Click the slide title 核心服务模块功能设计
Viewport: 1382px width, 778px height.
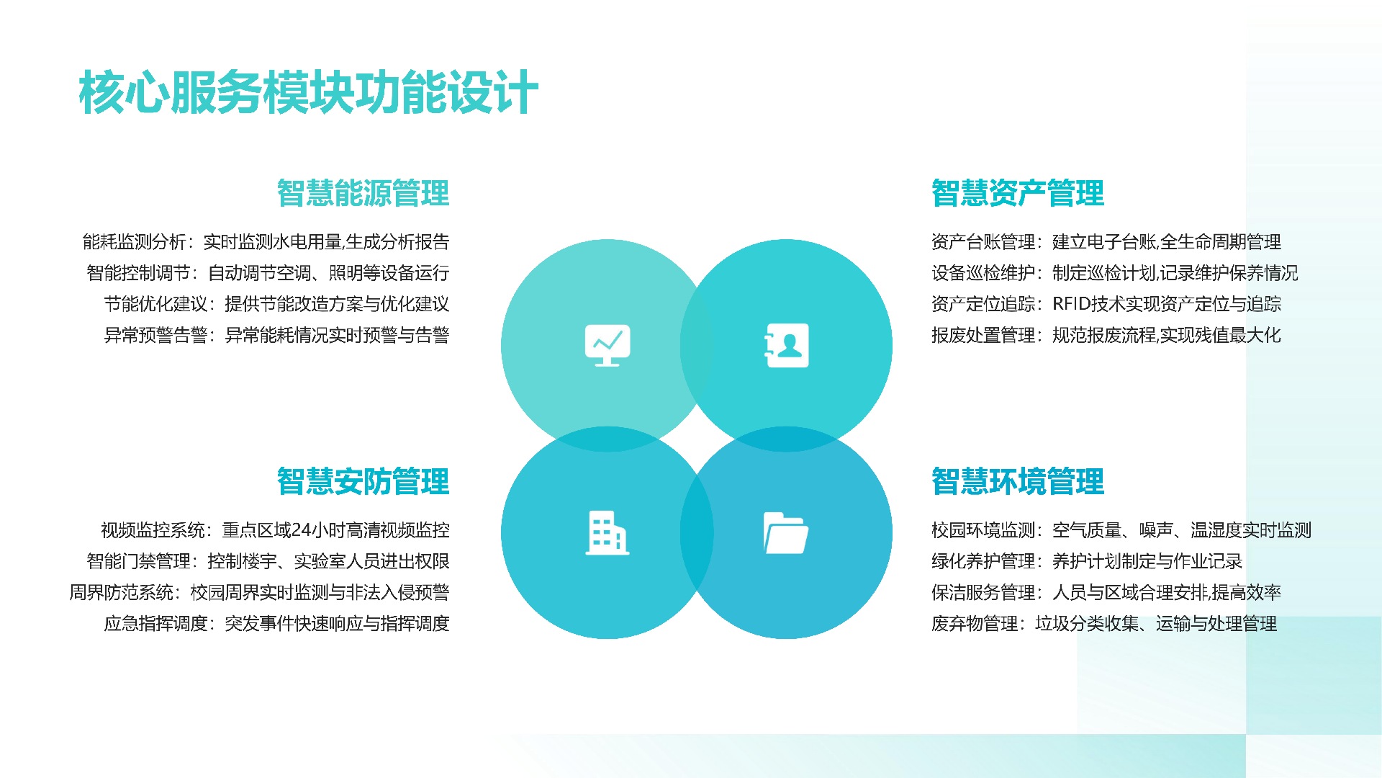tap(308, 93)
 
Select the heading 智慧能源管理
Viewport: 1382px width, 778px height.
tap(363, 193)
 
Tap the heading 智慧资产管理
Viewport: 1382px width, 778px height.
tap(1017, 193)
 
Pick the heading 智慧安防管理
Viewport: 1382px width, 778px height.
tap(363, 481)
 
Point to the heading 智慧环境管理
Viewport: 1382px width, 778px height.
tap(1017, 481)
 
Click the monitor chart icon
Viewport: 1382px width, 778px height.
tap(607, 346)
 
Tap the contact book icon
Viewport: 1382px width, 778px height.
tap(786, 346)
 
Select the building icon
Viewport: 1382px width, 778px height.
tap(607, 533)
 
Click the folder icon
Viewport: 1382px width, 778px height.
tap(785, 533)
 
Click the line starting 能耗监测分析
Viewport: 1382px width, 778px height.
tap(266, 242)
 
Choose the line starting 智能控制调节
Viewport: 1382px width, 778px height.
tap(268, 273)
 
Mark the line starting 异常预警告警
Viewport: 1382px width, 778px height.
tap(276, 335)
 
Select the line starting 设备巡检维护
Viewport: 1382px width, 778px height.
tap(1114, 273)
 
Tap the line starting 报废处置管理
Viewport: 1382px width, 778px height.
tap(1106, 335)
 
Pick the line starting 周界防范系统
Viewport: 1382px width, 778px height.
tap(259, 592)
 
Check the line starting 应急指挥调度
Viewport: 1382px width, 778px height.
tap(276, 623)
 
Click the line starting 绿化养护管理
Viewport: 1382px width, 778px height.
tap(1087, 561)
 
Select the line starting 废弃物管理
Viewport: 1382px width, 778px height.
tap(1104, 623)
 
